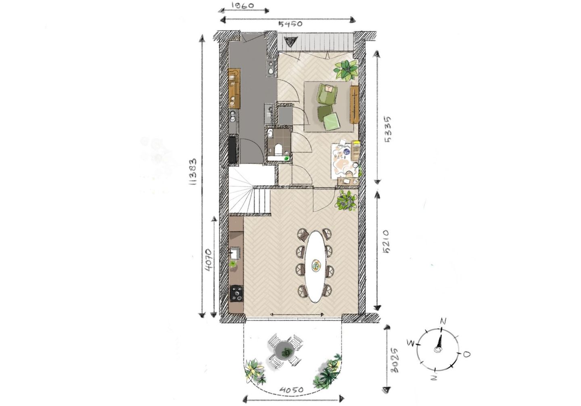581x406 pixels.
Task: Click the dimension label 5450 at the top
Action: [x=290, y=23]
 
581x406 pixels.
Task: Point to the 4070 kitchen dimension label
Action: [x=207, y=261]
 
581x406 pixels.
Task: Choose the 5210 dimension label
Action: [x=386, y=242]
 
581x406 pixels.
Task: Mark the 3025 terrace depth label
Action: [x=394, y=360]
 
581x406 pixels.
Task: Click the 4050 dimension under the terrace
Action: [x=291, y=390]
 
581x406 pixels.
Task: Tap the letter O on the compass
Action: [x=466, y=354]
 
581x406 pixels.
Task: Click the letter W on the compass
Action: [x=411, y=343]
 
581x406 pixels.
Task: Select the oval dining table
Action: [x=316, y=266]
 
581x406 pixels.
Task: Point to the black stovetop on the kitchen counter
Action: [x=236, y=294]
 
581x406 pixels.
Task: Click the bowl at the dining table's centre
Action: [x=316, y=265]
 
